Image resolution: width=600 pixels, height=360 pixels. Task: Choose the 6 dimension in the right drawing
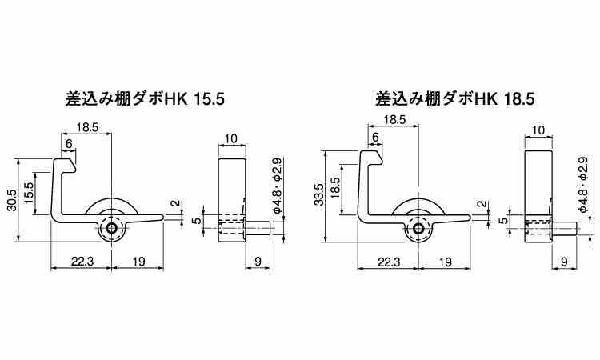click(x=375, y=137)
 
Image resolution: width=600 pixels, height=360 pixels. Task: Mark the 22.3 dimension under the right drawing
click(x=386, y=261)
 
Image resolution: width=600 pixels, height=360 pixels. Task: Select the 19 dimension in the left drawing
click(x=137, y=261)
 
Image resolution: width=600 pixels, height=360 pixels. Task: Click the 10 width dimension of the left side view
click(x=231, y=138)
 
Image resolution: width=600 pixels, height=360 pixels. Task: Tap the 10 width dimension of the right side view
click(x=537, y=130)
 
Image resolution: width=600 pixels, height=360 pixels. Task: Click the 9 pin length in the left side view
click(x=258, y=261)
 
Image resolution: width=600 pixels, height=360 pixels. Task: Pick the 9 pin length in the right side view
click(x=564, y=261)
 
